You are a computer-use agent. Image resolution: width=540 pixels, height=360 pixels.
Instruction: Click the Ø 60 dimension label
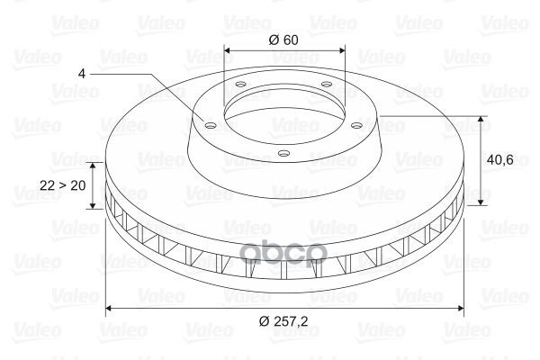pyautogui.click(x=283, y=40)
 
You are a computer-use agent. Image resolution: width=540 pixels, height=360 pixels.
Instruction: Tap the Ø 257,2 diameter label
pyautogui.click(x=283, y=321)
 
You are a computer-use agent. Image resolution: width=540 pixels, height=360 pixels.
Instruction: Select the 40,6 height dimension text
pyautogui.click(x=500, y=160)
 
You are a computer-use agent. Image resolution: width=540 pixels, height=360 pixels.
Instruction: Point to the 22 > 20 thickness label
pyautogui.click(x=63, y=185)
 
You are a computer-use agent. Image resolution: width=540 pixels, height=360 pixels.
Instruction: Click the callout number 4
pyautogui.click(x=82, y=74)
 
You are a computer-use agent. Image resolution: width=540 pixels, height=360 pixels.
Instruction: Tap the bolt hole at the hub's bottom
pyautogui.click(x=283, y=153)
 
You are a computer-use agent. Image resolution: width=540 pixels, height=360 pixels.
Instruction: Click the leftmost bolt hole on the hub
pyautogui.click(x=210, y=125)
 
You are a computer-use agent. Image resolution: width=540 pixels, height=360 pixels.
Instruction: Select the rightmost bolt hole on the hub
pyautogui.click(x=357, y=125)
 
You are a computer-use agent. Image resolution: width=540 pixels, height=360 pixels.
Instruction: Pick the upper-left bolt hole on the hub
pyautogui.click(x=240, y=84)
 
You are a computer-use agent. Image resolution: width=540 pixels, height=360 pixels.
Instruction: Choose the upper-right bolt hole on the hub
pyautogui.click(x=326, y=84)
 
